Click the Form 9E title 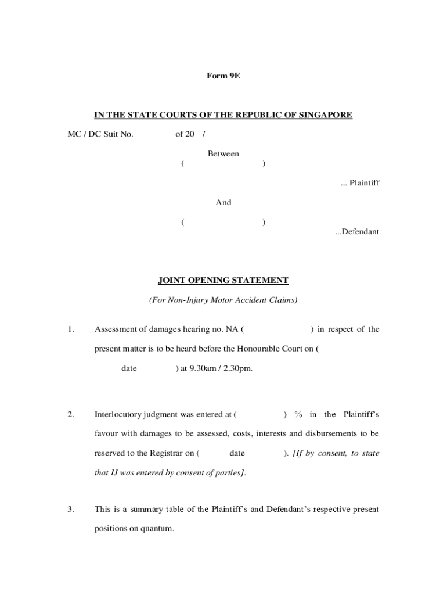[223, 76]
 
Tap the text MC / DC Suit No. [100, 134]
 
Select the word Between [223, 154]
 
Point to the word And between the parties [223, 203]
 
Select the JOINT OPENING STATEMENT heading [223, 281]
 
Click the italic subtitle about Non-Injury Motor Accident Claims [223, 300]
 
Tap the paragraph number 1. [70, 329]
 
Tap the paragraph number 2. [70, 414]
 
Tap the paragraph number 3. [70, 510]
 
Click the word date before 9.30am [129, 368]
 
